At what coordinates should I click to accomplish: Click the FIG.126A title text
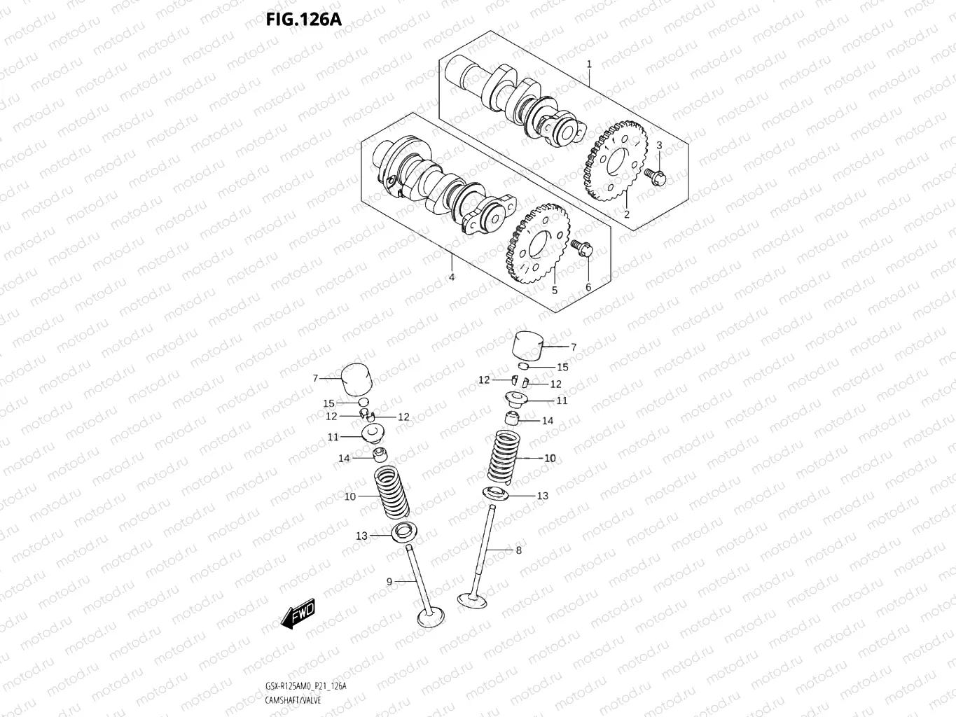[x=303, y=19]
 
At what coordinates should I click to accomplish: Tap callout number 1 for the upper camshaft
[x=589, y=64]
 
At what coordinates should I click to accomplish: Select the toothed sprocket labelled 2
[x=610, y=162]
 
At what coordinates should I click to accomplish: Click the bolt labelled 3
[x=656, y=176]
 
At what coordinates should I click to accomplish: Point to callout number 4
[x=452, y=277]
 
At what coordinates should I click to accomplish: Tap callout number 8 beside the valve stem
[x=518, y=550]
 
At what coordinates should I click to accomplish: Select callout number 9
[x=389, y=581]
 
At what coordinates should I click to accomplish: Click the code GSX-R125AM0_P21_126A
[x=305, y=686]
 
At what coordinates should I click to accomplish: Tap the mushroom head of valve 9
[x=431, y=618]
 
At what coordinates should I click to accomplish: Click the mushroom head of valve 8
[x=473, y=599]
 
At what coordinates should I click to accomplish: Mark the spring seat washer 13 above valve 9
[x=405, y=533]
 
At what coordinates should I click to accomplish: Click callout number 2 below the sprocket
[x=627, y=214]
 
